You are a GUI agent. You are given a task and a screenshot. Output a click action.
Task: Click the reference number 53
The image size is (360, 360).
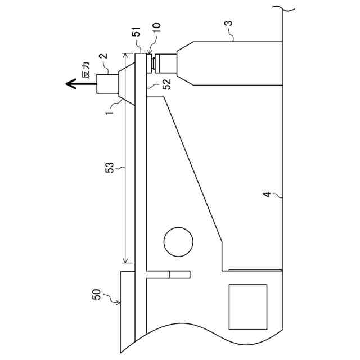click(110, 168)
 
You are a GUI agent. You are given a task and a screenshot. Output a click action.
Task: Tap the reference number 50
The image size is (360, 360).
click(96, 294)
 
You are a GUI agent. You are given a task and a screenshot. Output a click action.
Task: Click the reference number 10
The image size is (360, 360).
click(156, 28)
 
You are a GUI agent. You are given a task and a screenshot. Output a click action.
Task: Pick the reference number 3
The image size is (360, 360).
click(228, 24)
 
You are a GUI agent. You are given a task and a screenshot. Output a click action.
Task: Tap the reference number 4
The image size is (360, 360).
click(267, 194)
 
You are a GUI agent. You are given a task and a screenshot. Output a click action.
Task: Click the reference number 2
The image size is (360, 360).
click(103, 56)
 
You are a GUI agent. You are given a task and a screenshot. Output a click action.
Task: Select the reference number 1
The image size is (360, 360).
click(110, 112)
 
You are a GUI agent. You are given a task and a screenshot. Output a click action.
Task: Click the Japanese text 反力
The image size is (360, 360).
click(86, 70)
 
